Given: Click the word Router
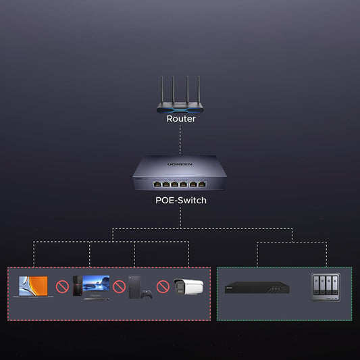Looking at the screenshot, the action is coord(181,119).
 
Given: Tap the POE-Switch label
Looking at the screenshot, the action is coord(181,201).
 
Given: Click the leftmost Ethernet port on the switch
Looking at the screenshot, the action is coord(157,184).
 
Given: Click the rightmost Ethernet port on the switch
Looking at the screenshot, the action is coord(202,184).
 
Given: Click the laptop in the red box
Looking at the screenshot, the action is coord(33,286).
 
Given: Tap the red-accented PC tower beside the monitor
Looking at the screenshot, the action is coord(78,286).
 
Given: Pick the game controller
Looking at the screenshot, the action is coord(147,294).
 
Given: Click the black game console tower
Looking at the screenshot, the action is coord(134,287).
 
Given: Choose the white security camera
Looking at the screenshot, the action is coord(188,287).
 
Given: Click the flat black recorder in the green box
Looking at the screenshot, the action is coord(257,288).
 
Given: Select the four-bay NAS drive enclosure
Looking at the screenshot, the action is coord(326,287).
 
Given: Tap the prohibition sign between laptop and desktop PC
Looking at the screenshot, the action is coord(62,286).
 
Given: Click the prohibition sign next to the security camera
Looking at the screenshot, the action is coord(163,286).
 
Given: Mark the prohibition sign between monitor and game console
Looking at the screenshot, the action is coord(120,286).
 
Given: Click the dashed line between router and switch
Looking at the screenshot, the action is coord(180,140).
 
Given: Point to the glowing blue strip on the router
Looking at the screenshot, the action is coord(180,110).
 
